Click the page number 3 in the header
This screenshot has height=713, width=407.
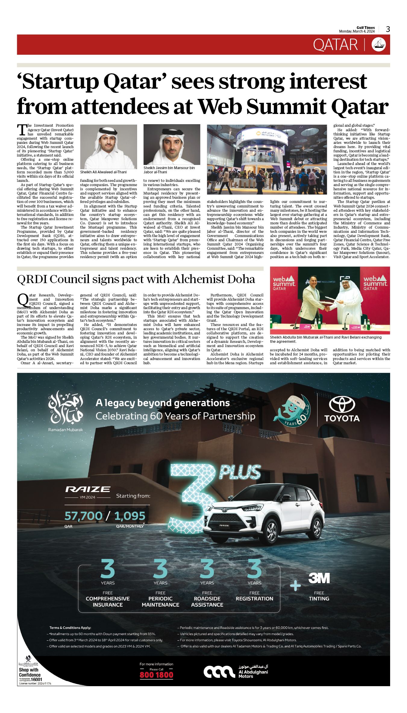pyautogui.click(x=388, y=29)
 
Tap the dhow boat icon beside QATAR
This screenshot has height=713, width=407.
pyautogui.click(x=378, y=45)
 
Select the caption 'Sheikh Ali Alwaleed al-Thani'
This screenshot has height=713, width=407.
pyautogui.click(x=103, y=172)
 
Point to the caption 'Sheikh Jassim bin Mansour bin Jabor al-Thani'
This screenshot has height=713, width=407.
pyautogui.click(x=169, y=170)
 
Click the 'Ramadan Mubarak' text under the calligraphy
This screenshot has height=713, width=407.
pyautogui.click(x=65, y=430)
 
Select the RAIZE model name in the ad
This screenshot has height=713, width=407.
pyautogui.click(x=88, y=489)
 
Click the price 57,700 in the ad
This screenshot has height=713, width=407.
pyautogui.click(x=83, y=516)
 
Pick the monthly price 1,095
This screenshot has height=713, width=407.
pyautogui.click(x=130, y=516)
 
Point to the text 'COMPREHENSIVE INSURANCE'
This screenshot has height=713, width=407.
pyautogui.click(x=108, y=601)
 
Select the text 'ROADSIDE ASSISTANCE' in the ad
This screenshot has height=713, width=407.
pyautogui.click(x=207, y=601)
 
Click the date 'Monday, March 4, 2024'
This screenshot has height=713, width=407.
pyautogui.click(x=357, y=31)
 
